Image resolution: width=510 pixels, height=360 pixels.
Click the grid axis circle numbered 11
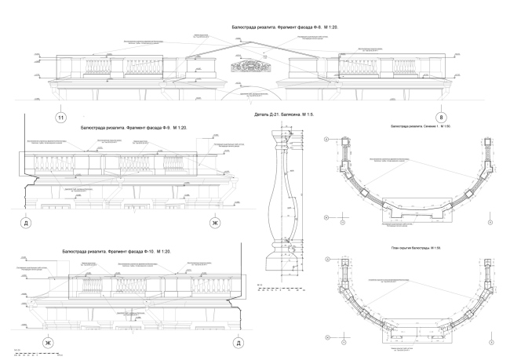pos(60,118)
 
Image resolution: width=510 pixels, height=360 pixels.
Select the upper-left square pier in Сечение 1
pos(338,144)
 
